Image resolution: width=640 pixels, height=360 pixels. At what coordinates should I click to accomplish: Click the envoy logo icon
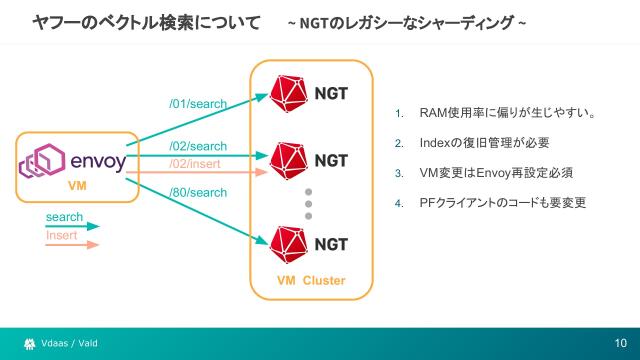44,162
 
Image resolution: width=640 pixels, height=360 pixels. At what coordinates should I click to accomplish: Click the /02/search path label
197,147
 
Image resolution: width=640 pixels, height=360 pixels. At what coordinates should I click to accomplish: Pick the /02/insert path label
195,163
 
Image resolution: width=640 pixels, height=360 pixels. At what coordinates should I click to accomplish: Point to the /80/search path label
197,192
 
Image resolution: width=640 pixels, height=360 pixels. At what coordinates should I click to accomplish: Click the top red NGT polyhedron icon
289,93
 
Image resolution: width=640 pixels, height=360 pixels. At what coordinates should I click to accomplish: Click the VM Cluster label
310,280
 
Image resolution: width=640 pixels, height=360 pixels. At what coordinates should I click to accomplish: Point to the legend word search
64,217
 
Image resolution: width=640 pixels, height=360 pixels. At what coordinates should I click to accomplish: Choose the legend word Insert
62,235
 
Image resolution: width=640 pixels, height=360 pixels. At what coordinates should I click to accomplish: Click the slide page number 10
620,344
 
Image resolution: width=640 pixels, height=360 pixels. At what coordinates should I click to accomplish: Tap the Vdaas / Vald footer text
69,344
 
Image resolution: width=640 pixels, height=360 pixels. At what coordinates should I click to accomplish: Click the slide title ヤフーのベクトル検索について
147,21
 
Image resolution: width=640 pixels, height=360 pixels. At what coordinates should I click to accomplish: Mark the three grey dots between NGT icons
309,203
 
